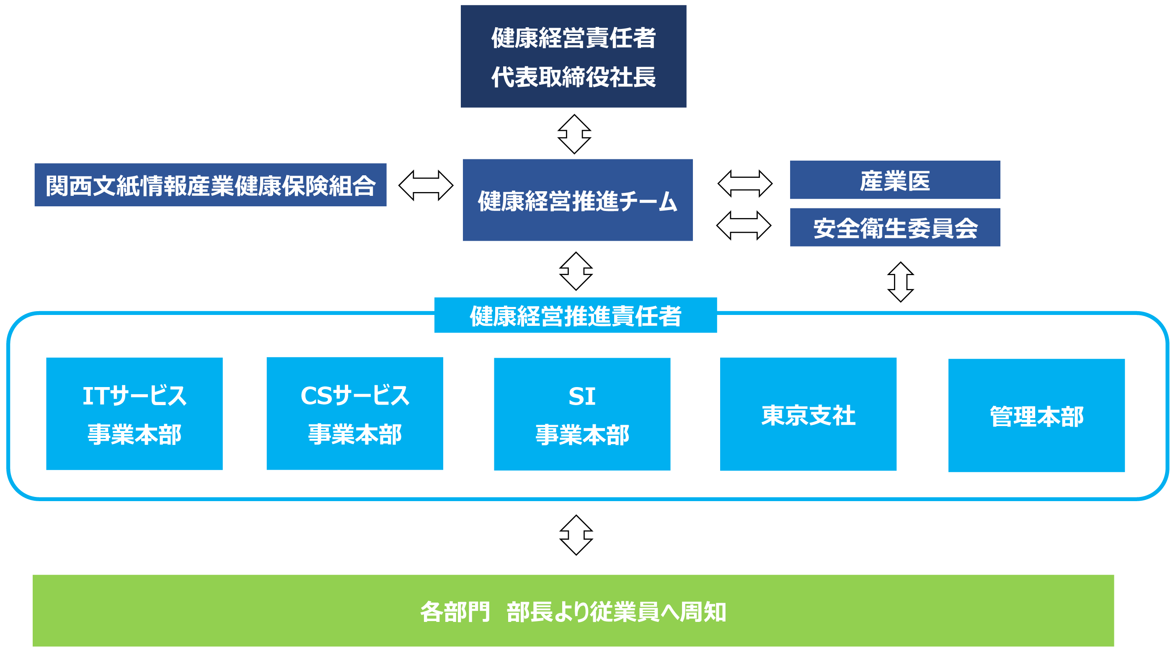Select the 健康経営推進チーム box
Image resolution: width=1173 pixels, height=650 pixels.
pyautogui.click(x=577, y=200)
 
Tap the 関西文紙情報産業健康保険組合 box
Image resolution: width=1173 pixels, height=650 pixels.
pyautogui.click(x=210, y=185)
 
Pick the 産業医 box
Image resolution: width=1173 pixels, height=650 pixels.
pyautogui.click(x=895, y=180)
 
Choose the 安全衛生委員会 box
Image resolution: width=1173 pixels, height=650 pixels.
pyautogui.click(x=895, y=227)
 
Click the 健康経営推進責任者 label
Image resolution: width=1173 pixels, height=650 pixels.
pyautogui.click(x=576, y=315)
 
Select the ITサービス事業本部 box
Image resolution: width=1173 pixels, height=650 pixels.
pyautogui.click(x=134, y=414)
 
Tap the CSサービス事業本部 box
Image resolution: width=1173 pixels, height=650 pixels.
pyautogui.click(x=355, y=414)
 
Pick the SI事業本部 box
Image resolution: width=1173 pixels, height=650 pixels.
pyautogui.click(x=582, y=414)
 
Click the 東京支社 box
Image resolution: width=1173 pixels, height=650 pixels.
pyautogui.click(x=808, y=414)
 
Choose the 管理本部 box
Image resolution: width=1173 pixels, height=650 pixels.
pyautogui.click(x=1036, y=415)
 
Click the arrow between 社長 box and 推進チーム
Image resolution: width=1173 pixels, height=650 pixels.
pyautogui.click(x=574, y=134)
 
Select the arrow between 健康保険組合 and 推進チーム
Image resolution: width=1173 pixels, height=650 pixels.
pyautogui.click(x=426, y=185)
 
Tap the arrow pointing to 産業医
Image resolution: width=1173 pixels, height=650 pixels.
pyautogui.click(x=745, y=184)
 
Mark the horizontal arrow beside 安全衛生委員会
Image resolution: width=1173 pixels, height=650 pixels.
pyautogui.click(x=744, y=226)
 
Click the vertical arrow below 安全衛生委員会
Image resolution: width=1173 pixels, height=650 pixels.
pyautogui.click(x=901, y=282)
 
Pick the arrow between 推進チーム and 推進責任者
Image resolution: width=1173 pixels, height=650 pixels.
pyautogui.click(x=576, y=271)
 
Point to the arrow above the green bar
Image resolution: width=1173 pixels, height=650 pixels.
pyautogui.click(x=576, y=535)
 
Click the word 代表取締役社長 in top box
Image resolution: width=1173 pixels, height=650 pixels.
pyautogui.click(x=573, y=77)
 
